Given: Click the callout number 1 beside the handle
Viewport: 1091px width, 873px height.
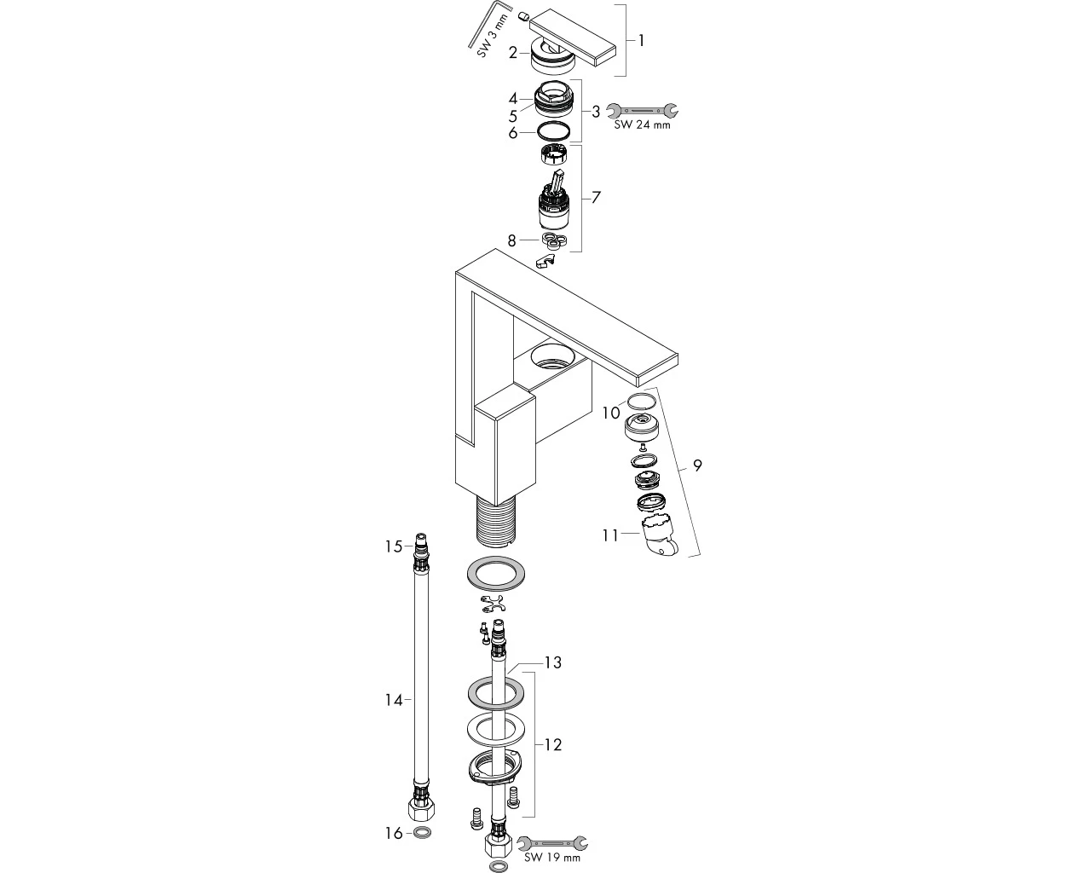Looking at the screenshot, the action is pos(641,41).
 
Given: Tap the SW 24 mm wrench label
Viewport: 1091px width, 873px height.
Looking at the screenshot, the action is pos(642,124).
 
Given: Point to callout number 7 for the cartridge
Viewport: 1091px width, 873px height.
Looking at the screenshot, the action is pos(596,197).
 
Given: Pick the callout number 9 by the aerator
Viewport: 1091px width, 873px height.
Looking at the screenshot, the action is pos(697,465).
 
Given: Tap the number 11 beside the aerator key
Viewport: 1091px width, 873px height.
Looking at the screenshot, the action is pos(610,535).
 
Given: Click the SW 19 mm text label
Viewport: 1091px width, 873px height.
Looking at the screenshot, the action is pos(552,858).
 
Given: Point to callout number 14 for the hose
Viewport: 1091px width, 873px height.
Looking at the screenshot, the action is pos(394,700).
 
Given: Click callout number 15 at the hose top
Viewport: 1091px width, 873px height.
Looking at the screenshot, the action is pos(394,546).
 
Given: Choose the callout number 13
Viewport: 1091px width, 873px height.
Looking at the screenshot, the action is pos(553,662).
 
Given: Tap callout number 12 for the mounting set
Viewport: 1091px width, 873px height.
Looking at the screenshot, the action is pos(553,744).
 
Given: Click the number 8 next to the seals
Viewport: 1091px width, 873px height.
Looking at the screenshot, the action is pos(512,240).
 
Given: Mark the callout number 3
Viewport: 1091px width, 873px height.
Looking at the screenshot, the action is pos(596,112).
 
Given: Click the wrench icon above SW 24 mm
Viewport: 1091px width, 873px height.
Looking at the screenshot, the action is pos(643,110).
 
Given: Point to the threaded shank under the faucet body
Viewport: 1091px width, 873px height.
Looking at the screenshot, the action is pos(496,523).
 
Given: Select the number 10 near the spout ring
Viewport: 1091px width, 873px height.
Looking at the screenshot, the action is pos(611,413).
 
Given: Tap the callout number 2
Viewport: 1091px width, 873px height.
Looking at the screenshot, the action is pos(513,53).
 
